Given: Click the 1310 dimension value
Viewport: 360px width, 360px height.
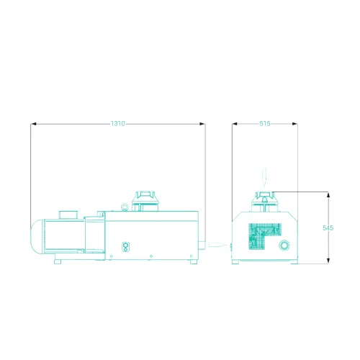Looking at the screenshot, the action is coord(118,124).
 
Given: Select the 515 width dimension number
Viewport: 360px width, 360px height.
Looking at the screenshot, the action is coord(265,124).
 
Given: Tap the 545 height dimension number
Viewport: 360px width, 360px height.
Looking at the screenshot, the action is coord(328,228).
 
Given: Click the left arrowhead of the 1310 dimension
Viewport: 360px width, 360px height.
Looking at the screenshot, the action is coord(34,124).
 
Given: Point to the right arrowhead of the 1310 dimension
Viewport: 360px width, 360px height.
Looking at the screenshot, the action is coord(202,124).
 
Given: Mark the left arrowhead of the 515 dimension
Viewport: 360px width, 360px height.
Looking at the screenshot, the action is coord(235,124).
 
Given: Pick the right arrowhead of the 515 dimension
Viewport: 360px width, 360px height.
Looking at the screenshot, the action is coord(294,124).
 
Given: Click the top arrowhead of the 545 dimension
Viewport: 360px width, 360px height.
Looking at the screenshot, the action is coord(328,194).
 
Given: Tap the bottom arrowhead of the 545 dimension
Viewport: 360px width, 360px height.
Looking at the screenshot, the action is coord(328,261).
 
